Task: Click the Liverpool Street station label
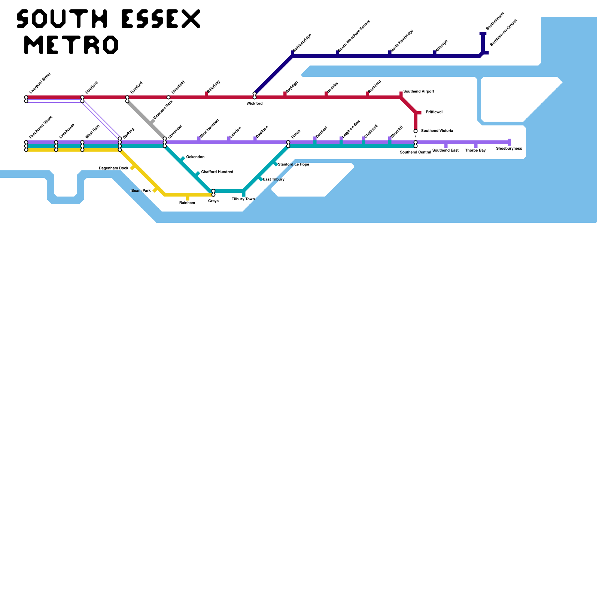pos(40,83)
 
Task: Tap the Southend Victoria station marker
pos(416,131)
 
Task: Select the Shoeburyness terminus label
pos(509,149)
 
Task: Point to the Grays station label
pos(213,201)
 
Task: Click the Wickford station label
pos(254,104)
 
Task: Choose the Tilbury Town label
pos(243,199)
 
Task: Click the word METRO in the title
pos(71,45)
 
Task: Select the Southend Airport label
pos(419,92)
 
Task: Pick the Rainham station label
pos(187,203)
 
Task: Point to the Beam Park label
pos(141,191)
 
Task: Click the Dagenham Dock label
pos(113,168)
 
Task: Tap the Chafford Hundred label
pos(217,172)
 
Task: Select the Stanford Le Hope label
pos(294,165)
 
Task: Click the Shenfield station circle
pos(168,97)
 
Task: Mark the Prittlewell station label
pos(434,112)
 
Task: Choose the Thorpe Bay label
pos(475,150)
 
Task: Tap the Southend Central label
pos(415,152)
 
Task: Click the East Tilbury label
pos(274,180)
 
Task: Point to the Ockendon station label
pos(195,157)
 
